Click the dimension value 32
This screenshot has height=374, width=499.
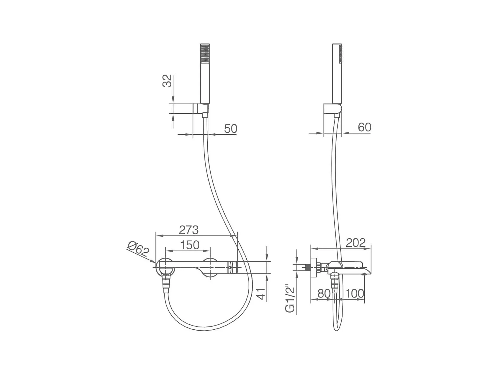(x=167, y=81)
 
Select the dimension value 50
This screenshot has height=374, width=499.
(x=231, y=129)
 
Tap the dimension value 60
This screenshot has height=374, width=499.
(x=365, y=127)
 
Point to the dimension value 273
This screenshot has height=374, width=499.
(x=189, y=230)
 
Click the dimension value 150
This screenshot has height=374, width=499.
(x=190, y=245)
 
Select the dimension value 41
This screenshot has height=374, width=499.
(x=261, y=294)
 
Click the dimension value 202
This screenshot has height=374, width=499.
(x=356, y=243)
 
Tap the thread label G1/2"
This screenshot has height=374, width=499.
(x=290, y=298)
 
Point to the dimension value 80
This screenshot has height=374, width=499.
(x=324, y=293)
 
